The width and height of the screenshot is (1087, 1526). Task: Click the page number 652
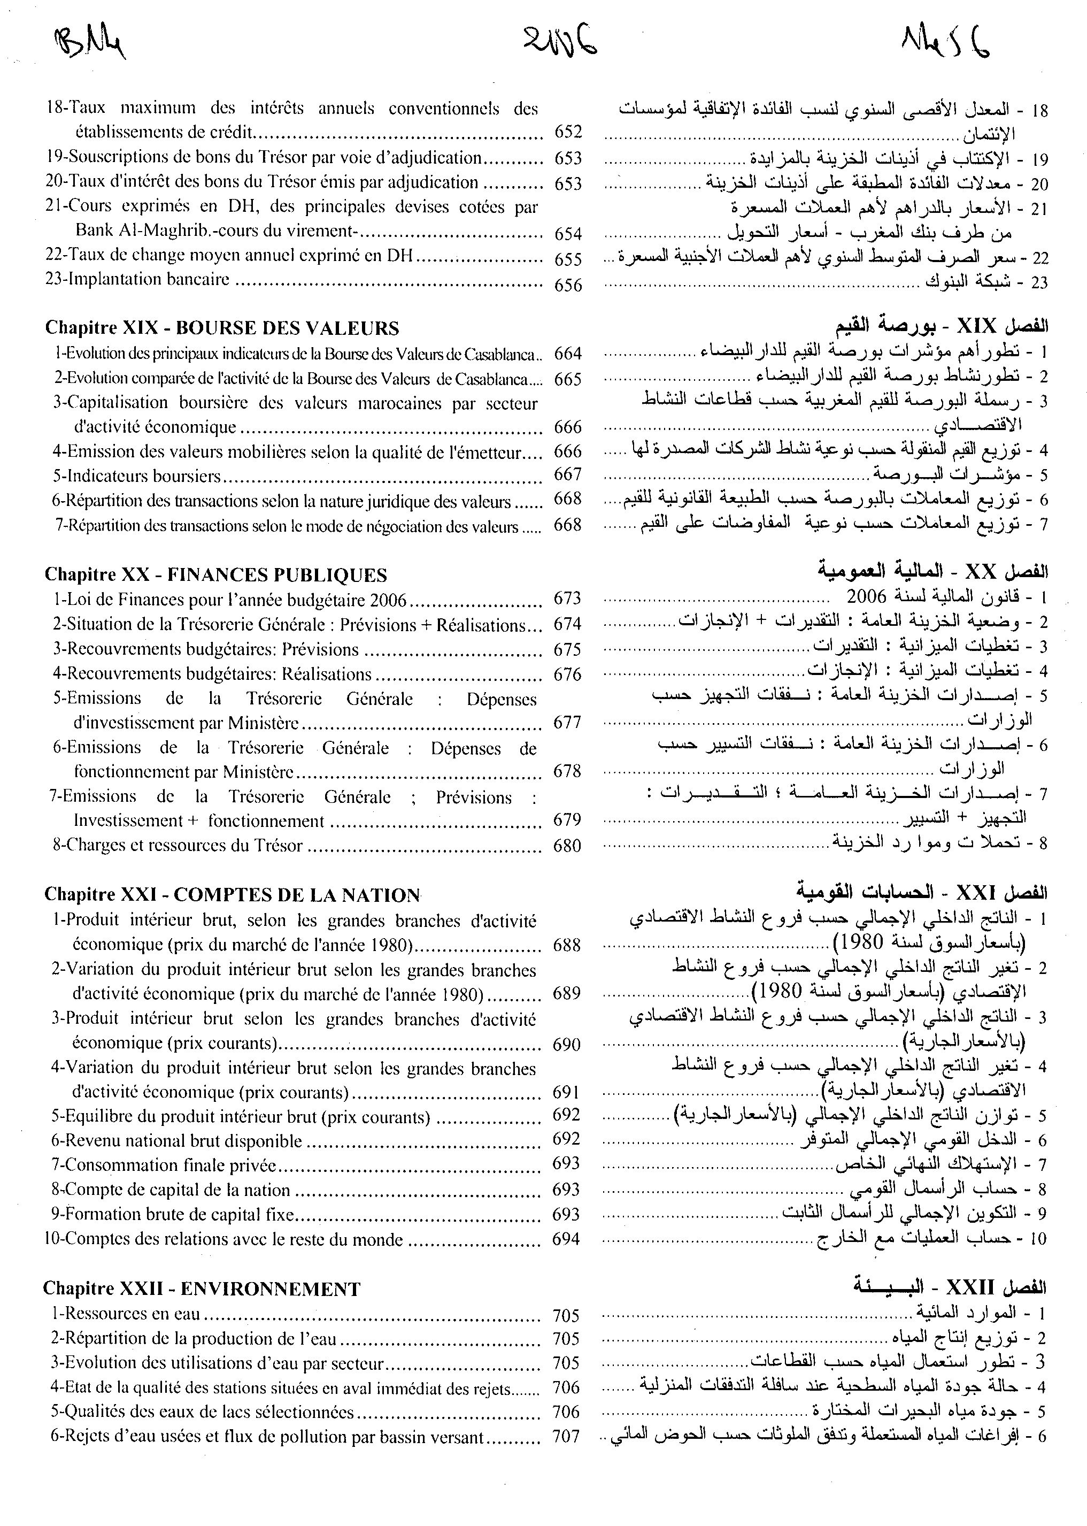pos(568,132)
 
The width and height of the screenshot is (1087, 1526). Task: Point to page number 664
pos(568,354)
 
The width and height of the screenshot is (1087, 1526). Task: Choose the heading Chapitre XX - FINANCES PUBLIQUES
pos(215,575)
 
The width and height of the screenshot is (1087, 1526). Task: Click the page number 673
pos(568,599)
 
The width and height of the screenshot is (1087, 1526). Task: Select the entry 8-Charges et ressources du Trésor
pos(178,846)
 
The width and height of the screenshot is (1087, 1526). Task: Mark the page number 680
pos(568,846)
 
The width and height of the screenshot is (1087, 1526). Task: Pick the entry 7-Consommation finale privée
pos(164,1165)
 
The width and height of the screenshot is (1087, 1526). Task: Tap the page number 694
pos(566,1239)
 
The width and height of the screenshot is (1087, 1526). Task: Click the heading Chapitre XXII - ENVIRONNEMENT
pos(202,1289)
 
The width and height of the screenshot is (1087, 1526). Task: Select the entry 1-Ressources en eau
pos(125,1314)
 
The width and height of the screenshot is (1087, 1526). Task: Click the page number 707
pos(566,1437)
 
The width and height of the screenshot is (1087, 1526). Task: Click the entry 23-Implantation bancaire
pos(137,280)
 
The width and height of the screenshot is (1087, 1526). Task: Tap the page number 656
pos(568,285)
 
